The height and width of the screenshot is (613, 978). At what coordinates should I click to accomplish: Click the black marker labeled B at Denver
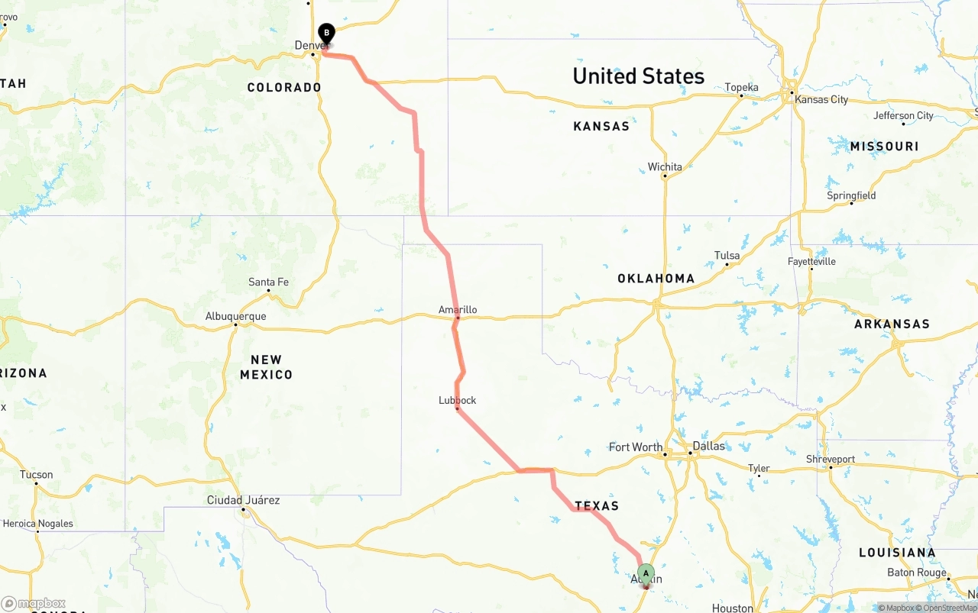[326, 34]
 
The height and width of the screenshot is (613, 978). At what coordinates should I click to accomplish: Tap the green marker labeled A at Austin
[646, 573]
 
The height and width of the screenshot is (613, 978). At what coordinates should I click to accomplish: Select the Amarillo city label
[458, 309]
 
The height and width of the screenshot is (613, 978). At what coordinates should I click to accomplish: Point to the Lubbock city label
[457, 400]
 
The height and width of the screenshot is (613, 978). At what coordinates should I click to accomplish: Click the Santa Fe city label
[268, 282]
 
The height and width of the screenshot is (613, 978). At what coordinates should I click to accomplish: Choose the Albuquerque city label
[235, 316]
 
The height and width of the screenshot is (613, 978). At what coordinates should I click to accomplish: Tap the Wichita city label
[665, 166]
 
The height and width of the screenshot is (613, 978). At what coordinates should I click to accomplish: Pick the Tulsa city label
[727, 256]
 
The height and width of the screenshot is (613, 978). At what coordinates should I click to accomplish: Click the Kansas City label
[821, 99]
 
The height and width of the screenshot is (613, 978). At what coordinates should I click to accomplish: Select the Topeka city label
[741, 88]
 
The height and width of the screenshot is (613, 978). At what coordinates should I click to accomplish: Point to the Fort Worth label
[636, 447]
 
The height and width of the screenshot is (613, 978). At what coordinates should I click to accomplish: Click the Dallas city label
[708, 446]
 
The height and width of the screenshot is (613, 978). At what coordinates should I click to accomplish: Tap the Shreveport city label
[830, 459]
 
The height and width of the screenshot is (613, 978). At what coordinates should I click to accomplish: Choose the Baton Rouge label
[917, 573]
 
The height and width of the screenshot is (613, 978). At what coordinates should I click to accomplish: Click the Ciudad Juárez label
[243, 500]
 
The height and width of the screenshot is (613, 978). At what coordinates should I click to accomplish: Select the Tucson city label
[36, 474]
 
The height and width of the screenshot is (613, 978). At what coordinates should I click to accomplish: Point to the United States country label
[638, 76]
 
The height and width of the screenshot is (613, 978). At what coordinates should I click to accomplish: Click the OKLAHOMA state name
[656, 279]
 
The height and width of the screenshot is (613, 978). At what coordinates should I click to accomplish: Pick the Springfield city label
[851, 195]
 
